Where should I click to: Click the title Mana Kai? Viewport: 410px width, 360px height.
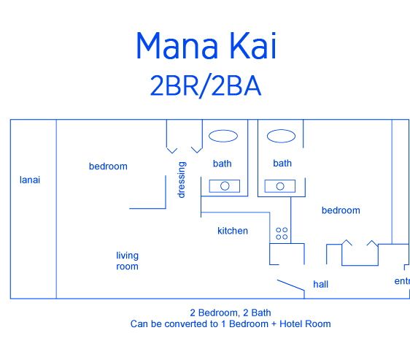(x=206, y=45)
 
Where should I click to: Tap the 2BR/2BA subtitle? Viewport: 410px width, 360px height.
(x=206, y=86)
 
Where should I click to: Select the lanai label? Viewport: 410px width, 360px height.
(x=30, y=180)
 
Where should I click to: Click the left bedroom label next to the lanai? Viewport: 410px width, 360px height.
(x=108, y=166)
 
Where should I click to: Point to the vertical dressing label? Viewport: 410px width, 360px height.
(x=182, y=180)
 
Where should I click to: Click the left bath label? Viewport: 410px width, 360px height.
(x=223, y=164)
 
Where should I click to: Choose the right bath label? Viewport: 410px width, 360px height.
(x=282, y=163)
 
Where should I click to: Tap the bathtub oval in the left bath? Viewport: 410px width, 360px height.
(x=223, y=136)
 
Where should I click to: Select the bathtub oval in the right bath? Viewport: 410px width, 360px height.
(x=281, y=136)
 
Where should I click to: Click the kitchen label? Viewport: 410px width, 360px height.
(x=233, y=231)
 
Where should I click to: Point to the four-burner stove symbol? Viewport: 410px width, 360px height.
(x=282, y=233)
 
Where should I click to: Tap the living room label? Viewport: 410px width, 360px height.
(x=128, y=261)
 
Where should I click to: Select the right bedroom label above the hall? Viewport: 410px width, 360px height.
(x=341, y=210)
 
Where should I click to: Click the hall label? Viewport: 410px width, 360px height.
(x=320, y=284)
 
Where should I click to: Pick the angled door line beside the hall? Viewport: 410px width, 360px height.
(x=291, y=285)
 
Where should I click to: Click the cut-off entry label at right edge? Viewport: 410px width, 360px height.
(x=402, y=281)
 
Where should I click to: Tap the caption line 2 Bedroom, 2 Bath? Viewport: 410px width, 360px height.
(x=231, y=313)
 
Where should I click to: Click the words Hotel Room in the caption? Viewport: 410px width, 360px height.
(x=305, y=324)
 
